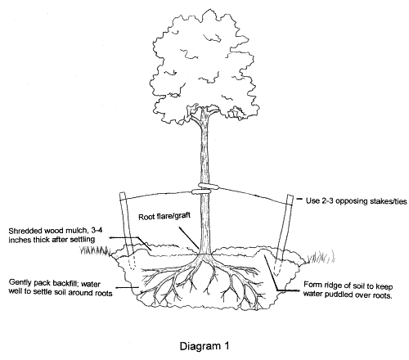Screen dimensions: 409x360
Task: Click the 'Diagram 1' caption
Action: point(204,346)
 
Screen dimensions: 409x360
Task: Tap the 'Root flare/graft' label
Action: point(164,216)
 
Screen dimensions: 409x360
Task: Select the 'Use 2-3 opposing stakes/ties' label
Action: point(356,201)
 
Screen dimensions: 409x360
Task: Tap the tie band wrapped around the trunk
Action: point(205,189)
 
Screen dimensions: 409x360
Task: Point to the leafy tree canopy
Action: point(204,67)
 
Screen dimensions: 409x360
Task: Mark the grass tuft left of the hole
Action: point(94,250)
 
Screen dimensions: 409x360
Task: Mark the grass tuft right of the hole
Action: point(321,257)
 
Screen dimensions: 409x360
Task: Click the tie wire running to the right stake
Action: point(255,195)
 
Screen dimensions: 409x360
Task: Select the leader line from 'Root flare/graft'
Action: point(190,236)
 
